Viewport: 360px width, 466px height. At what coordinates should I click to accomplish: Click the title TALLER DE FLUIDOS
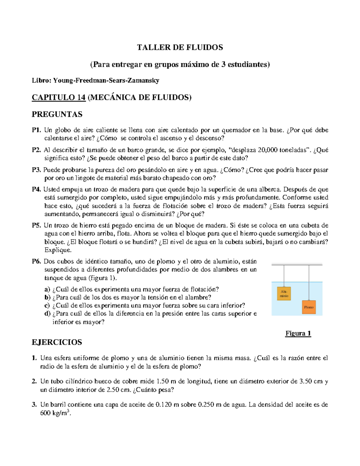tap(180, 47)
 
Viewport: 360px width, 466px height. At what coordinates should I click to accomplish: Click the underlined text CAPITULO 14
tap(59, 98)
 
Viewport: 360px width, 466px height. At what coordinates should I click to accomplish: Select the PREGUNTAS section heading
tap(57, 114)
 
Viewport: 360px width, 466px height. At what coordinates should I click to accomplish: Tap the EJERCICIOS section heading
tap(57, 342)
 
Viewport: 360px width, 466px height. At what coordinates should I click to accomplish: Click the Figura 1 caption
tap(298, 333)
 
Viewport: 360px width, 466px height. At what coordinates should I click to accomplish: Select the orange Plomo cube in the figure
tap(309, 307)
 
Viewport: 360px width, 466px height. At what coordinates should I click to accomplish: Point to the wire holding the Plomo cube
tap(309, 282)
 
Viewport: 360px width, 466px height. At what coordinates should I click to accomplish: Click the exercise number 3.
tap(34, 404)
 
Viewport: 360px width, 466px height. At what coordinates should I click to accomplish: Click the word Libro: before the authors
tap(42, 80)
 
